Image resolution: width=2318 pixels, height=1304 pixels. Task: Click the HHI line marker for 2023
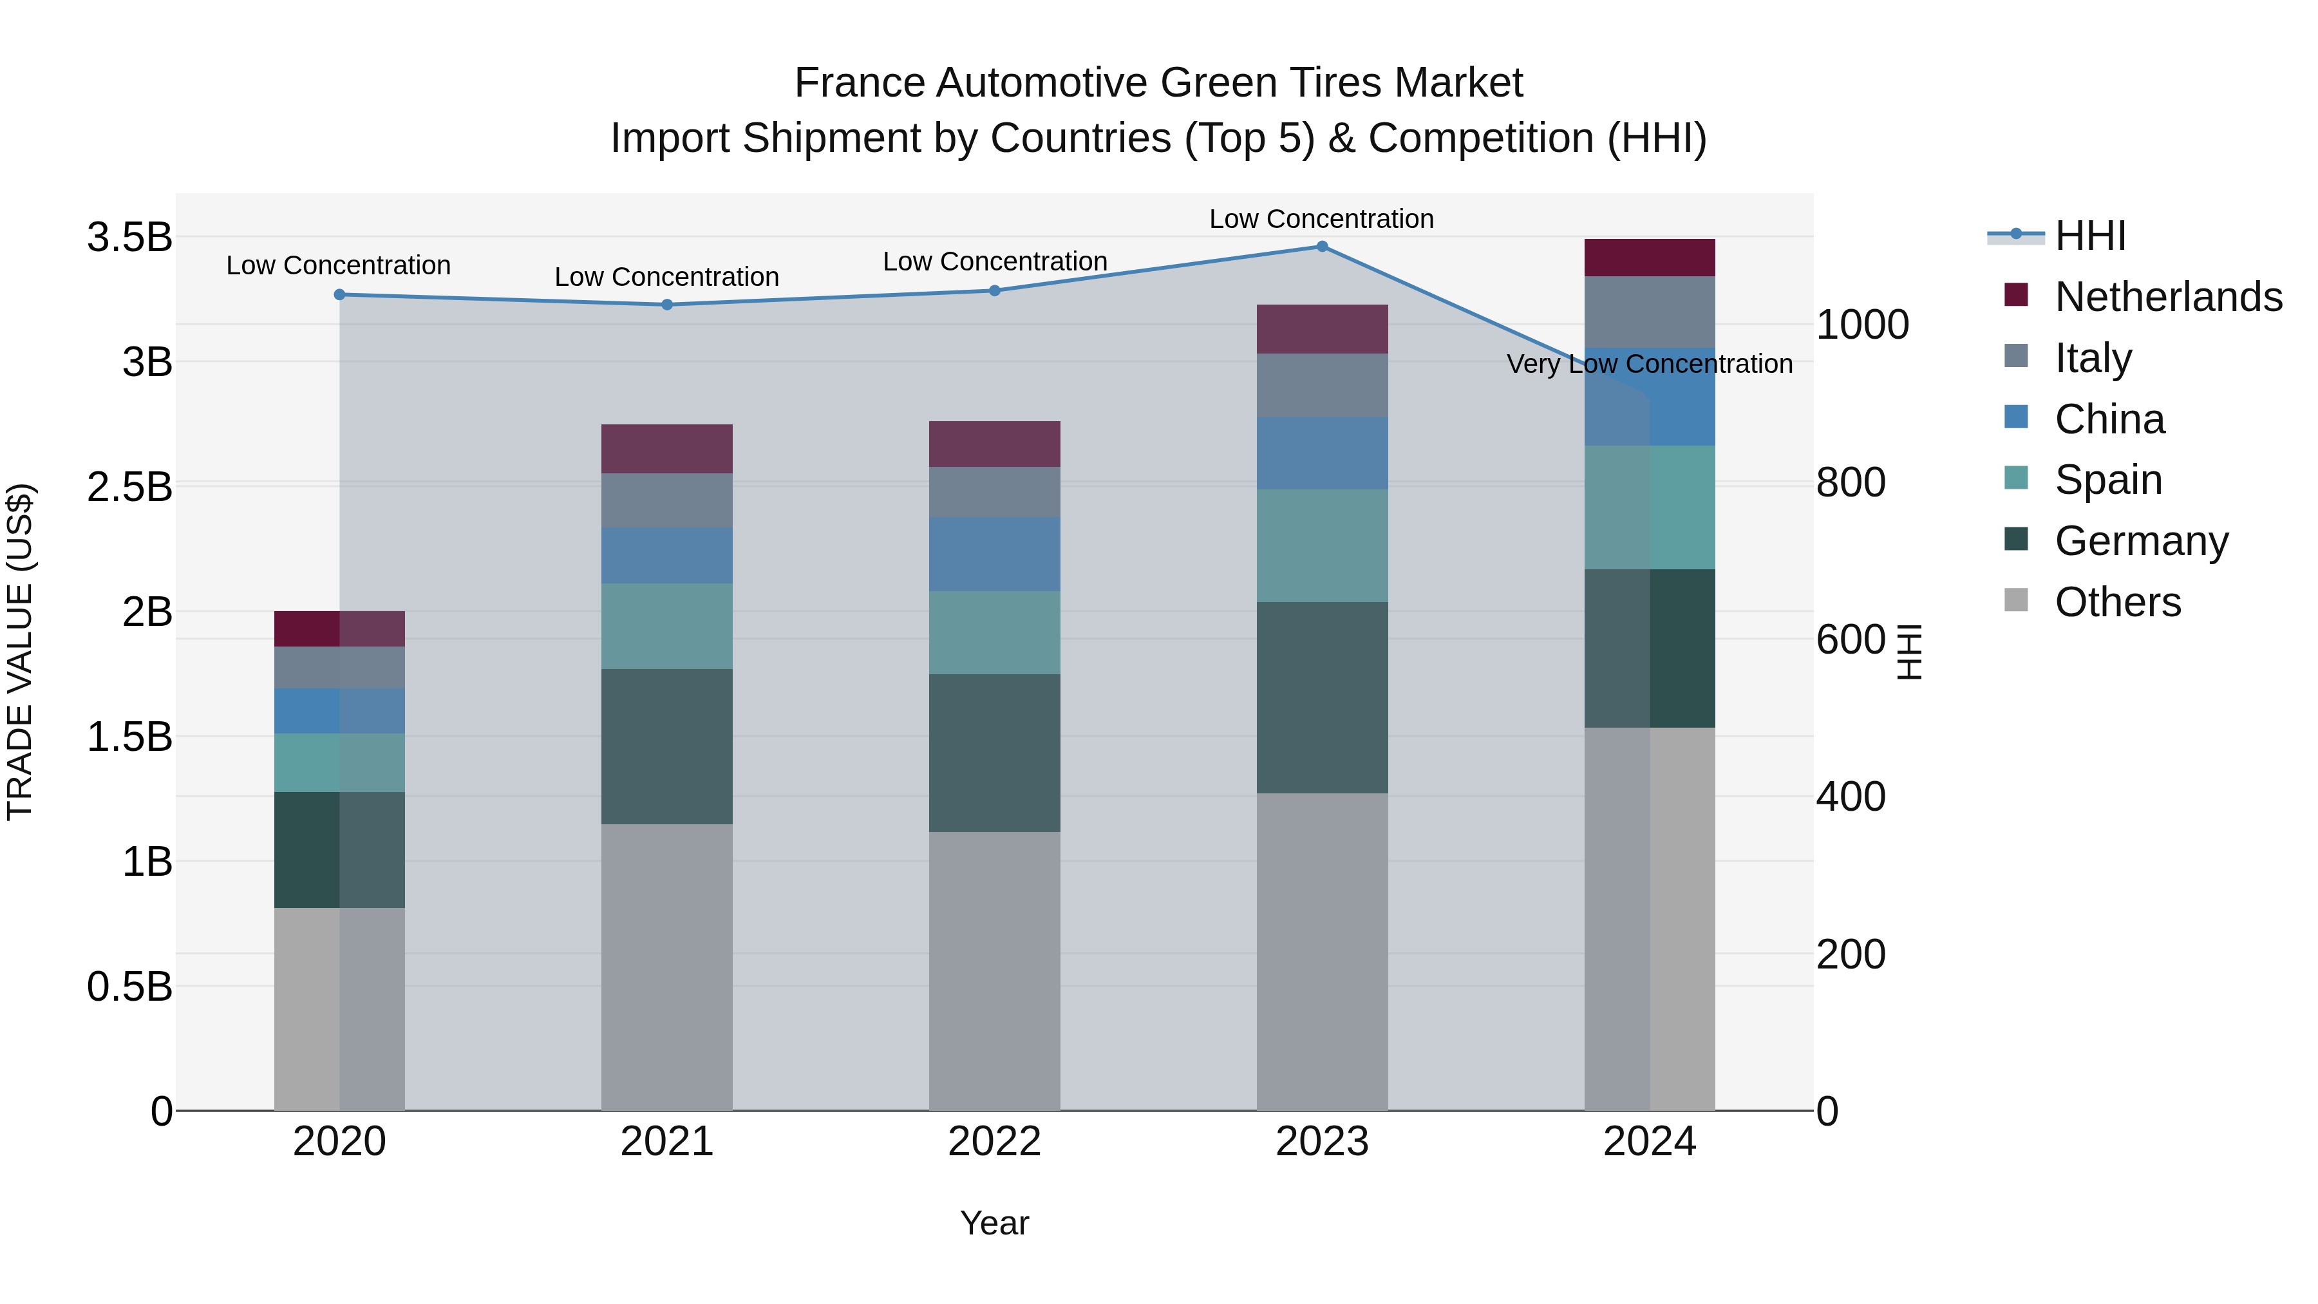pyautogui.click(x=1322, y=247)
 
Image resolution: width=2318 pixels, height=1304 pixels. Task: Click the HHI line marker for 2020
pyautogui.click(x=339, y=294)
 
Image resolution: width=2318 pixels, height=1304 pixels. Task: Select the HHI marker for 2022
pyautogui.click(x=994, y=290)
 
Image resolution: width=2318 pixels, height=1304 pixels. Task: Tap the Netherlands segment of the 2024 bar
pyautogui.click(x=1650, y=258)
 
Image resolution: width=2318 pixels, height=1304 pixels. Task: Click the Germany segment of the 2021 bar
pyautogui.click(x=667, y=746)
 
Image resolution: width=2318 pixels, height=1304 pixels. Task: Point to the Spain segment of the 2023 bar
pyautogui.click(x=1322, y=545)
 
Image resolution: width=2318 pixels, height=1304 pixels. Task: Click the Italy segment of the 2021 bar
pyautogui.click(x=667, y=500)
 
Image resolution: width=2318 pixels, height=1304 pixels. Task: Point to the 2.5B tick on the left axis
pyautogui.click(x=129, y=487)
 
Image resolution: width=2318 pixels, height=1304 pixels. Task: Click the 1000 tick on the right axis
pyautogui.click(x=1861, y=325)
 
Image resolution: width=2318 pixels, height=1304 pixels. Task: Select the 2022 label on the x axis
pyautogui.click(x=994, y=1142)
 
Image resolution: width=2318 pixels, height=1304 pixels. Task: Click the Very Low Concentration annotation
pyautogui.click(x=1650, y=364)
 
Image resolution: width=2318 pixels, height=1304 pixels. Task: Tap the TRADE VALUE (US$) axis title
pyautogui.click(x=21, y=652)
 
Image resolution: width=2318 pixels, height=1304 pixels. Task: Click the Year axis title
pyautogui.click(x=994, y=1223)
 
